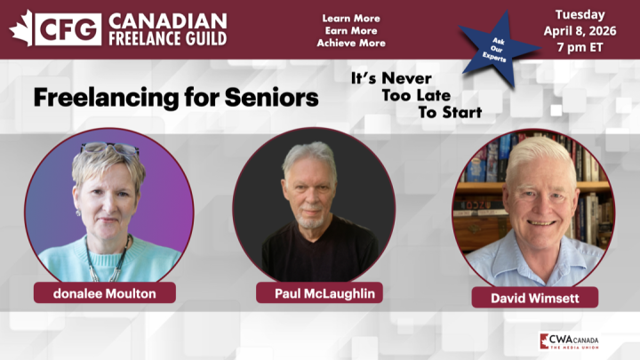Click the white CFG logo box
pyautogui.click(x=68, y=29)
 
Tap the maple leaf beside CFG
pyautogui.click(x=21, y=28)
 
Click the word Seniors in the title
pyautogui.click(x=271, y=97)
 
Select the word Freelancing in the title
pyautogui.click(x=106, y=99)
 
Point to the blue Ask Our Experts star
pyautogui.click(x=499, y=48)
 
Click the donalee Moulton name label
pyautogui.click(x=105, y=293)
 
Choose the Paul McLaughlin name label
pyautogui.click(x=319, y=293)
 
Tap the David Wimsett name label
pyautogui.click(x=535, y=298)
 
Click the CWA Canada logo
pyautogui.click(x=569, y=341)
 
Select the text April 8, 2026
pyautogui.click(x=580, y=31)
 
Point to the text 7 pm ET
pyautogui.click(x=580, y=47)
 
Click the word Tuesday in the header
pyautogui.click(x=580, y=15)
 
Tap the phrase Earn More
pyautogui.click(x=351, y=30)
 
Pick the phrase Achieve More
pyautogui.click(x=351, y=43)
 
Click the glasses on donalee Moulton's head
pyautogui.click(x=110, y=148)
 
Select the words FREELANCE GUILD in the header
pyautogui.click(x=167, y=38)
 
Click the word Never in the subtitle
pyautogui.click(x=406, y=78)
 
